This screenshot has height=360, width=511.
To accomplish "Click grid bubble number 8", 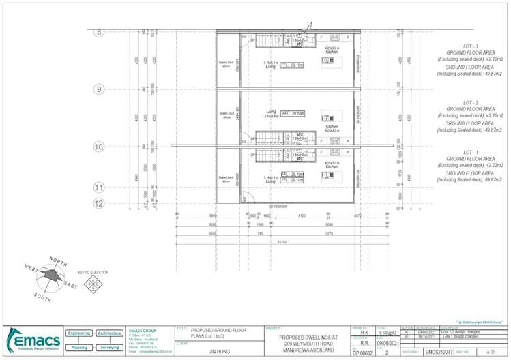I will point(99,31).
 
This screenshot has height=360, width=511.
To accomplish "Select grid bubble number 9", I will point(99,89).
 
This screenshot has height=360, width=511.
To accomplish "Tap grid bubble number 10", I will point(99,146).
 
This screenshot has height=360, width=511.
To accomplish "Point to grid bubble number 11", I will point(99,187).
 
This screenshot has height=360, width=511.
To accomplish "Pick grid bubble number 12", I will point(99,202).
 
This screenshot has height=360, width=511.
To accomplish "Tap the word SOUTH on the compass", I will point(42,297).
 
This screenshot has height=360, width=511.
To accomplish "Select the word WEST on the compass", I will point(31,268).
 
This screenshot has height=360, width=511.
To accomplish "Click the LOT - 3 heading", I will point(470,46).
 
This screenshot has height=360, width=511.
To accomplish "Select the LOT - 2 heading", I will point(470,102).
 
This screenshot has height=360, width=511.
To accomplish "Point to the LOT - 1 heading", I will point(470,152).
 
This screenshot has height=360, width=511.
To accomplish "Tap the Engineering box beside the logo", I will point(79,333).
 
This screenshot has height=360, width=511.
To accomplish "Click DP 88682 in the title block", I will point(362,353).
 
